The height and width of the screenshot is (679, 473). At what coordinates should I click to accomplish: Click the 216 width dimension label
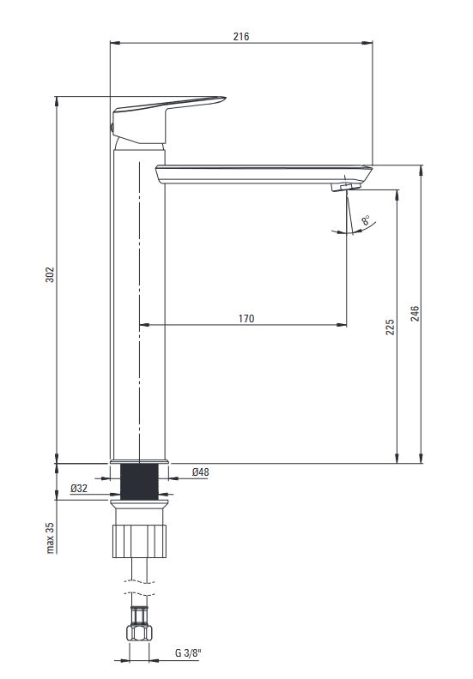point(241,36)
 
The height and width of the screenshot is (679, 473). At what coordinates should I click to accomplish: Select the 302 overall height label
point(51,274)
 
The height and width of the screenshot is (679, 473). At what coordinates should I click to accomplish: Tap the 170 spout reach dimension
point(246,319)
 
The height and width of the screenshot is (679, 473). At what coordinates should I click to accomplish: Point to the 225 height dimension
point(391,327)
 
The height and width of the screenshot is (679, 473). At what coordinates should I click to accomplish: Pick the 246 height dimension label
point(415,314)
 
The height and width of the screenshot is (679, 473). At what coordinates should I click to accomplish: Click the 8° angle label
point(366,220)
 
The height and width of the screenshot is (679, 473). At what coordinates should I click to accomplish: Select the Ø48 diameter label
point(201,472)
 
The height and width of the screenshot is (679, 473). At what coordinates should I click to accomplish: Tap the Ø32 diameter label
point(79,489)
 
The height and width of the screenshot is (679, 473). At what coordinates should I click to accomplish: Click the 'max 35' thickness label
point(51,538)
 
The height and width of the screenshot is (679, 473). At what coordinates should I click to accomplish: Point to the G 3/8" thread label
point(189,653)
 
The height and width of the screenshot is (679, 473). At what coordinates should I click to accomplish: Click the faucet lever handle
point(167,119)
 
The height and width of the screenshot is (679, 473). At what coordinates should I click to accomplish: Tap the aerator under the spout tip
point(346,187)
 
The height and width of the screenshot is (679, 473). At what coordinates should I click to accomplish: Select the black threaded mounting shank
point(139,482)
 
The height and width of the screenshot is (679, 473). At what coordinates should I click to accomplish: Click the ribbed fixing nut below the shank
point(139,541)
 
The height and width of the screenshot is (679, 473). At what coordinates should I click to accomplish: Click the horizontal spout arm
point(264,175)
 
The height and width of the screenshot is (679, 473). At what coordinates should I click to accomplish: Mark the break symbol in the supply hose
point(139,586)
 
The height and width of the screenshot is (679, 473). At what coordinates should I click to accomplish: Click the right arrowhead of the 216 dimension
point(367,43)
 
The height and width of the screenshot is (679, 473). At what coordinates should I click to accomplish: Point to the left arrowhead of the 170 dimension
point(144,324)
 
